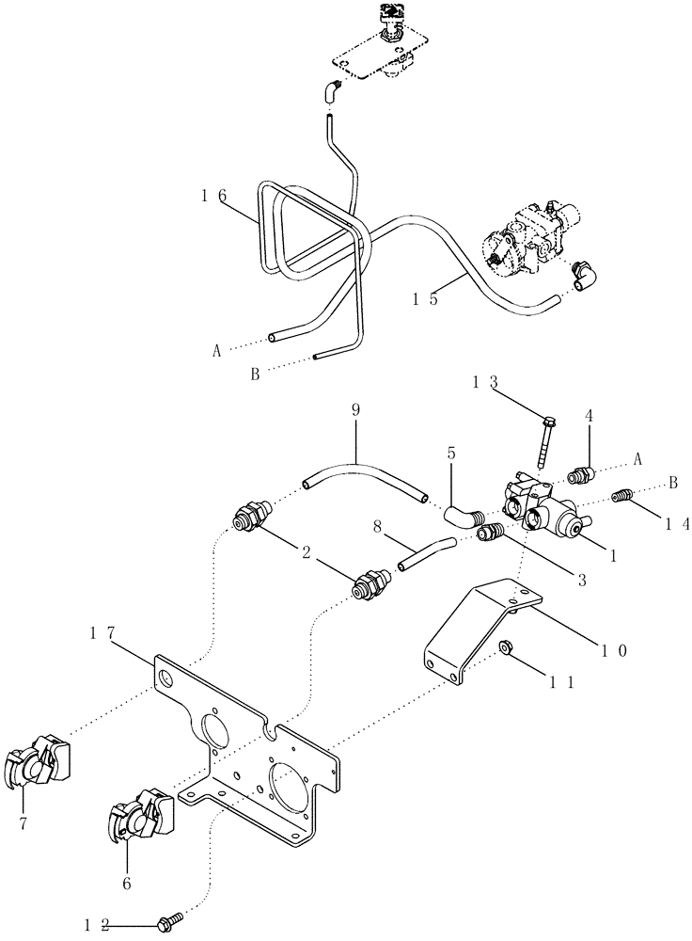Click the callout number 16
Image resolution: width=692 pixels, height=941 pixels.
coord(213,195)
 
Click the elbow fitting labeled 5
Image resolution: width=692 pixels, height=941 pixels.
coord(463,515)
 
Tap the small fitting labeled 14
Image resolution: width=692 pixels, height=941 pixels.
coord(621,495)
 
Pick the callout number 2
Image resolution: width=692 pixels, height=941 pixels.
coord(306,553)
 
